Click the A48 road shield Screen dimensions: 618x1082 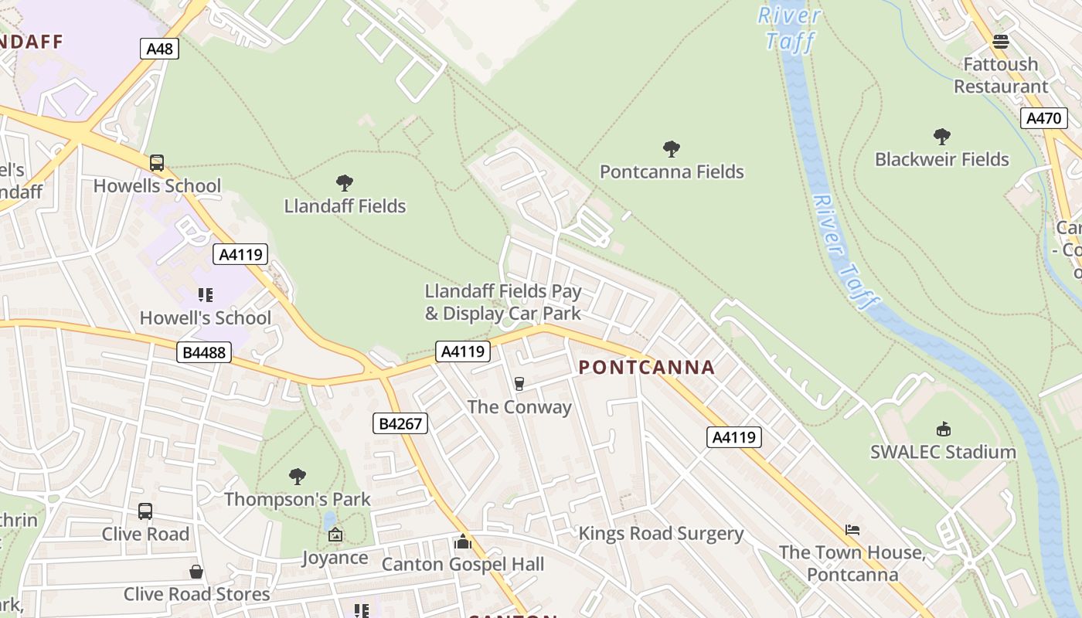click(x=160, y=49)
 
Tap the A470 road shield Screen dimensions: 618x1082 click(x=1044, y=118)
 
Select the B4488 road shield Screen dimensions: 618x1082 click(x=204, y=353)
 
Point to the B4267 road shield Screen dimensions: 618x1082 click(x=400, y=423)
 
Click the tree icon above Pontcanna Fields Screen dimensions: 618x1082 click(x=672, y=149)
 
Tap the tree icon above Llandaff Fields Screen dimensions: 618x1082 click(x=345, y=183)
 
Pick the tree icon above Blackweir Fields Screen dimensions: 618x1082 click(x=941, y=137)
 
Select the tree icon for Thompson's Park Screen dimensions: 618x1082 click(x=298, y=476)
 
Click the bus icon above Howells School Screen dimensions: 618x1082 click(x=157, y=163)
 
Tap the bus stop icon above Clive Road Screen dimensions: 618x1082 click(x=145, y=511)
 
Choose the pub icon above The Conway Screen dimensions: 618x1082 click(x=519, y=384)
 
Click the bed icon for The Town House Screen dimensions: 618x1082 click(x=852, y=530)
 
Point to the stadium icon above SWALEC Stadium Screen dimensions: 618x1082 click(x=943, y=430)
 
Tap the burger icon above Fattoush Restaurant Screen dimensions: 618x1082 click(x=1001, y=41)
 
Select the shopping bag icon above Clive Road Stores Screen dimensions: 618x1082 click(x=196, y=572)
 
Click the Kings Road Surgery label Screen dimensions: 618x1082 click(x=661, y=534)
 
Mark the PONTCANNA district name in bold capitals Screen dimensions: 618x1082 click(x=647, y=368)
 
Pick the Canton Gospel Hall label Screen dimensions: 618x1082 click(x=463, y=565)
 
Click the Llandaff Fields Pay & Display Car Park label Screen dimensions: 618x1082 click(x=503, y=302)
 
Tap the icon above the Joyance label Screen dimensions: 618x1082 click(x=335, y=535)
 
